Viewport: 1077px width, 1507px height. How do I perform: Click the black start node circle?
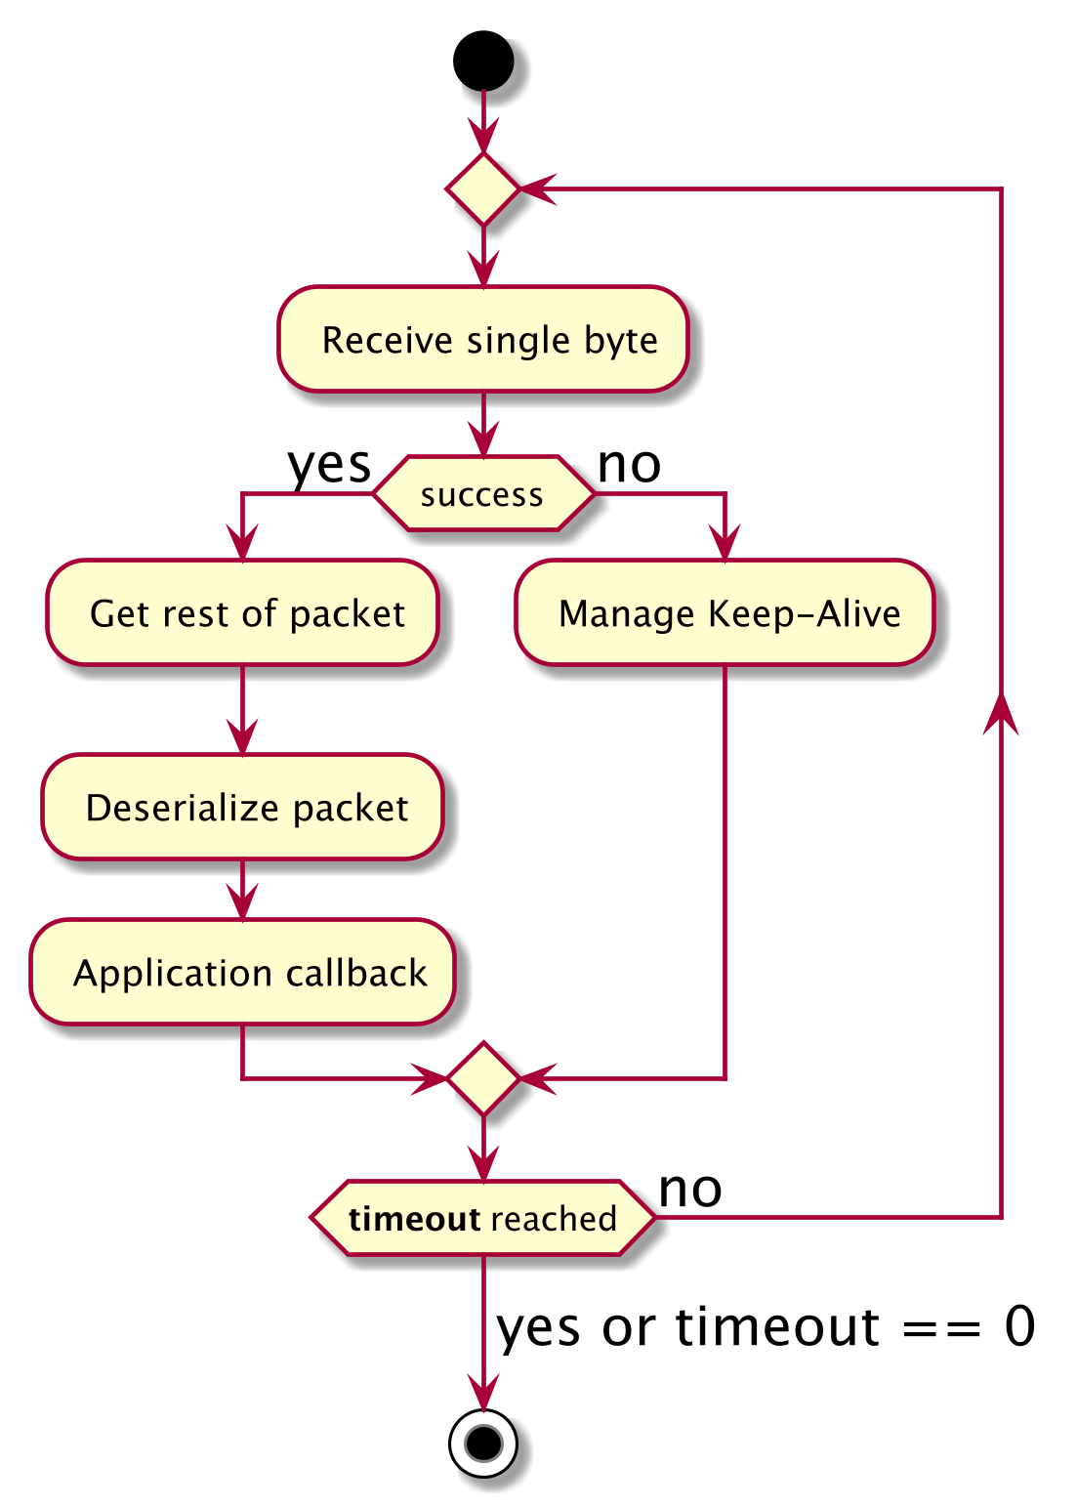tap(483, 61)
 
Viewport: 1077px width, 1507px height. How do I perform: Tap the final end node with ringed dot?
tap(483, 1442)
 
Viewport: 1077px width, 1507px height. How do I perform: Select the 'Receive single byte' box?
tap(483, 340)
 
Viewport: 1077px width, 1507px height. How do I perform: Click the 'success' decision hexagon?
tap(483, 494)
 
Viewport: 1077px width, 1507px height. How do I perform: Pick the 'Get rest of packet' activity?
tap(242, 613)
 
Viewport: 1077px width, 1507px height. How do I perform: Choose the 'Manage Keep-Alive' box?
tap(725, 613)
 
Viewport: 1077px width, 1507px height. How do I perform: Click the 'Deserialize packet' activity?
tap(242, 808)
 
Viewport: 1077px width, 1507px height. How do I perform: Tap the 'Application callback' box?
tap(242, 973)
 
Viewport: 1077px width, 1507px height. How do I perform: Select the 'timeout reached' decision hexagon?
tap(483, 1219)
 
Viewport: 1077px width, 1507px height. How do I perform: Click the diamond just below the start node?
tap(483, 188)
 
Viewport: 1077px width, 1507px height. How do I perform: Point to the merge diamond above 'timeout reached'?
tap(483, 1078)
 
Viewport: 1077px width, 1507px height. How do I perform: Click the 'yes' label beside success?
tap(329, 465)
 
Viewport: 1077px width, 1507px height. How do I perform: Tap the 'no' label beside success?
tap(629, 465)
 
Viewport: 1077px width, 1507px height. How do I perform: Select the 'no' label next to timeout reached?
tap(690, 1190)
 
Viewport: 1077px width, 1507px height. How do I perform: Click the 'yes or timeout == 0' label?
tap(766, 1327)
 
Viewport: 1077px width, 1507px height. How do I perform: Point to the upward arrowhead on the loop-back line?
tap(1001, 713)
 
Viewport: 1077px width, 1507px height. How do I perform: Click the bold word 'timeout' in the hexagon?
tap(414, 1219)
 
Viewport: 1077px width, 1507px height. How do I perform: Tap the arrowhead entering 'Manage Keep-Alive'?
tap(725, 544)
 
